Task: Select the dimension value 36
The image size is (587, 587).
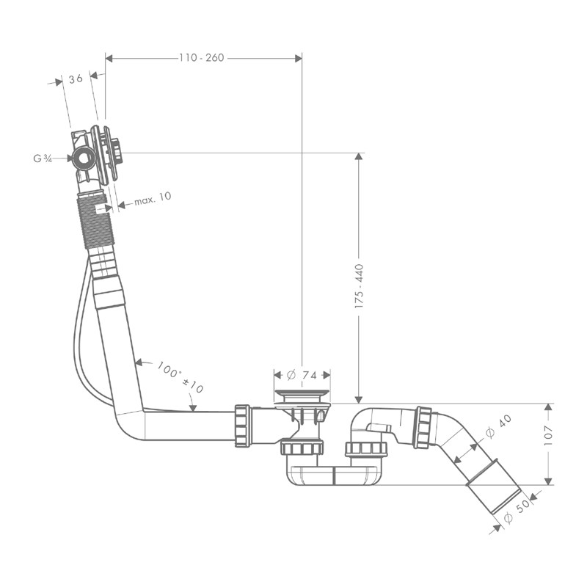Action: tap(76, 79)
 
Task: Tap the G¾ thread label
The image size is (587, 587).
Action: tap(42, 158)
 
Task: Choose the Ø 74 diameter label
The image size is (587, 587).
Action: tap(302, 375)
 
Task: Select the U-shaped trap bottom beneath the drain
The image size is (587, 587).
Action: tap(335, 476)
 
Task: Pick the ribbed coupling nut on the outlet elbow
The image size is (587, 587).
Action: tap(423, 427)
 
